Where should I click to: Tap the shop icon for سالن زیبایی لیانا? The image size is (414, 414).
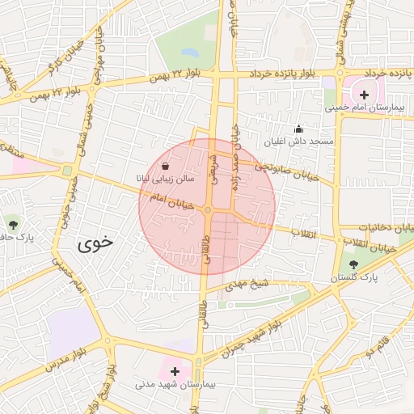pos(165,166)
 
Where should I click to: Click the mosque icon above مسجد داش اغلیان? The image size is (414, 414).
pos(298,128)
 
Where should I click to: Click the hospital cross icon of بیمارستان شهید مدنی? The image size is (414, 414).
pos(175,371)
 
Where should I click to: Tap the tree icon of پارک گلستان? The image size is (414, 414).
pos(353,264)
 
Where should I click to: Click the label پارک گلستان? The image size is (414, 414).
pos(351,277)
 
